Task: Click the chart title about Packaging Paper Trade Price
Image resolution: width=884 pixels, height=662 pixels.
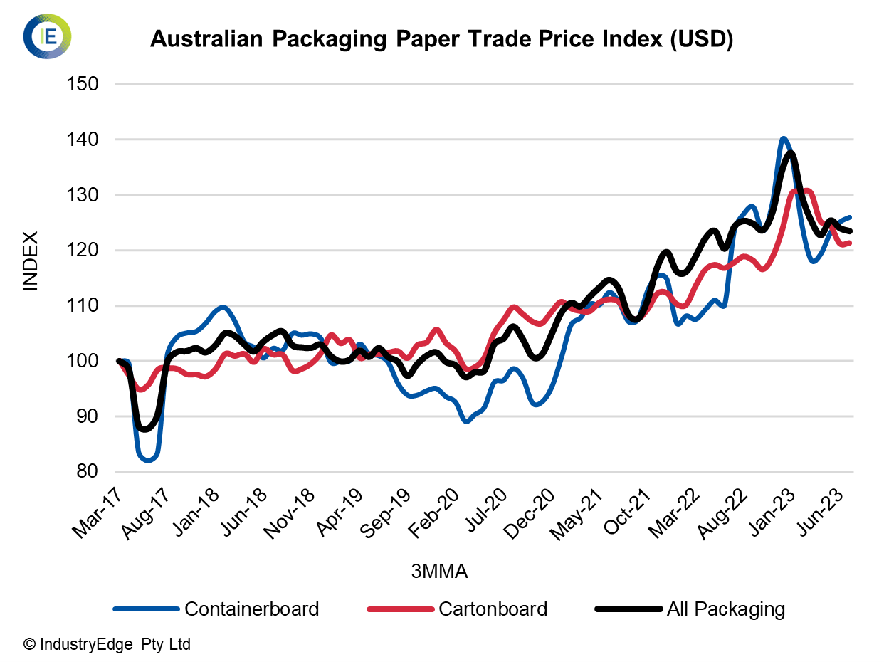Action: (441, 40)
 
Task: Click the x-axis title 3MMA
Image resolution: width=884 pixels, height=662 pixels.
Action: (439, 572)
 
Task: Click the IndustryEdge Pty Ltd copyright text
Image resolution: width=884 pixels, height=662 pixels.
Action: (107, 645)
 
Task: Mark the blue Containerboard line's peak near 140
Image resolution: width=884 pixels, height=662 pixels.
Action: (783, 139)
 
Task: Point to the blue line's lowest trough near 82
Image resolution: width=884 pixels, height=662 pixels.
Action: (148, 461)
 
